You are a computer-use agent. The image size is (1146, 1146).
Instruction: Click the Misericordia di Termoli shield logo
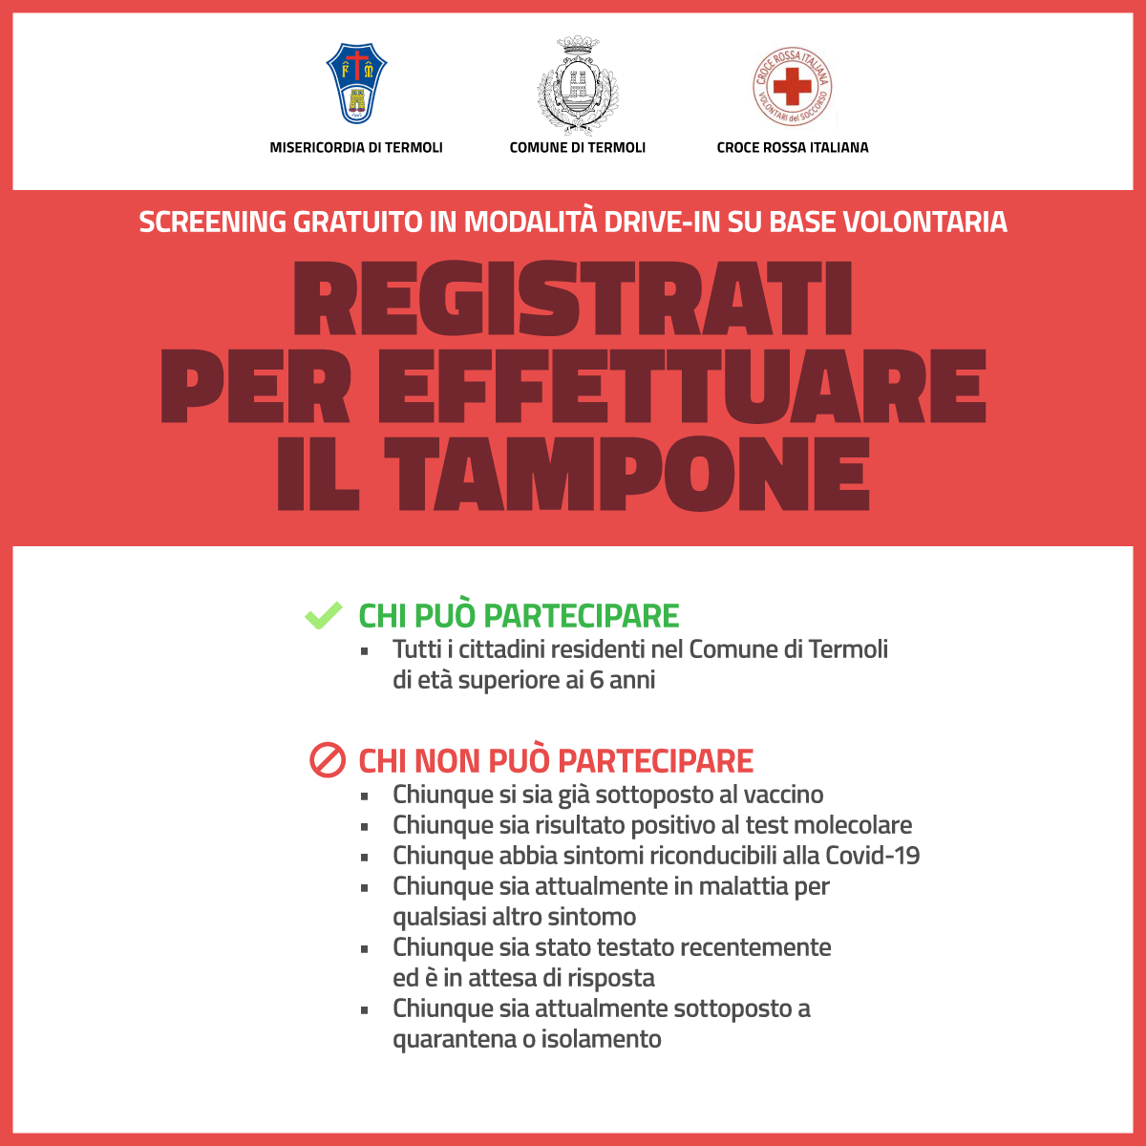(356, 84)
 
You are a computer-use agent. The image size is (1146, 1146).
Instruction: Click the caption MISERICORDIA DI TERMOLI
(356, 148)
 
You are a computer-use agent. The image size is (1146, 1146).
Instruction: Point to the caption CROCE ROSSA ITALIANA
(793, 148)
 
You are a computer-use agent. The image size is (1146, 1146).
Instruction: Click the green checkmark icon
(323, 616)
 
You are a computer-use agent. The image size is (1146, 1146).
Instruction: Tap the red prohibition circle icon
(327, 761)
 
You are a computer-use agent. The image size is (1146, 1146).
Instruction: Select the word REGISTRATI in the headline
(573, 299)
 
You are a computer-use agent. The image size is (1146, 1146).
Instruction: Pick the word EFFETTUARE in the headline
(682, 387)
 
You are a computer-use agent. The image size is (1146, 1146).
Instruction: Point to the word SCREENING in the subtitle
(212, 223)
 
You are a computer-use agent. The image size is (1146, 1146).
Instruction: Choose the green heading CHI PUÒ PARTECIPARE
(519, 616)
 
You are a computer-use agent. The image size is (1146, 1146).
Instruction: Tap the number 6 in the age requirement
(597, 681)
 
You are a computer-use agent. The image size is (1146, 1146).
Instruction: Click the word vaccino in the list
(783, 795)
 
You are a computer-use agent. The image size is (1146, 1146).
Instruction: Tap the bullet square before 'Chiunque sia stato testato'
(365, 949)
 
